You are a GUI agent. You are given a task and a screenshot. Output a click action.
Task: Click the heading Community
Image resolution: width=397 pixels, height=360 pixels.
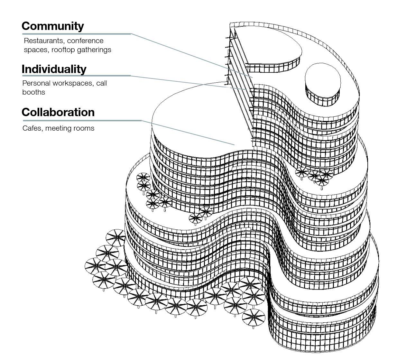click(53, 26)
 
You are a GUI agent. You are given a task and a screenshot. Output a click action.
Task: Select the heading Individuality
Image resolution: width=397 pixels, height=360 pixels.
click(54, 69)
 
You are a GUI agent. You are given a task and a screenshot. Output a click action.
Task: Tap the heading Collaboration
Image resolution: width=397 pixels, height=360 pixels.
click(58, 112)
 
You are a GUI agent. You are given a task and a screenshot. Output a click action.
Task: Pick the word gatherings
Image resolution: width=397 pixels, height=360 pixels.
click(95, 50)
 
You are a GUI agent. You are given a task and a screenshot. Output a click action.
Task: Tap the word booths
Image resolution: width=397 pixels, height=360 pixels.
click(34, 92)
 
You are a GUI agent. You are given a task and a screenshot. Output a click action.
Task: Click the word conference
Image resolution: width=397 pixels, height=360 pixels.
click(85, 41)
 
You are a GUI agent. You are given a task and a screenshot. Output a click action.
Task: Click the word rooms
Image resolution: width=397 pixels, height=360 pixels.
click(84, 128)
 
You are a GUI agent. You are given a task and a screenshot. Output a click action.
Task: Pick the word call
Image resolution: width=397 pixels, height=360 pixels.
click(102, 83)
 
